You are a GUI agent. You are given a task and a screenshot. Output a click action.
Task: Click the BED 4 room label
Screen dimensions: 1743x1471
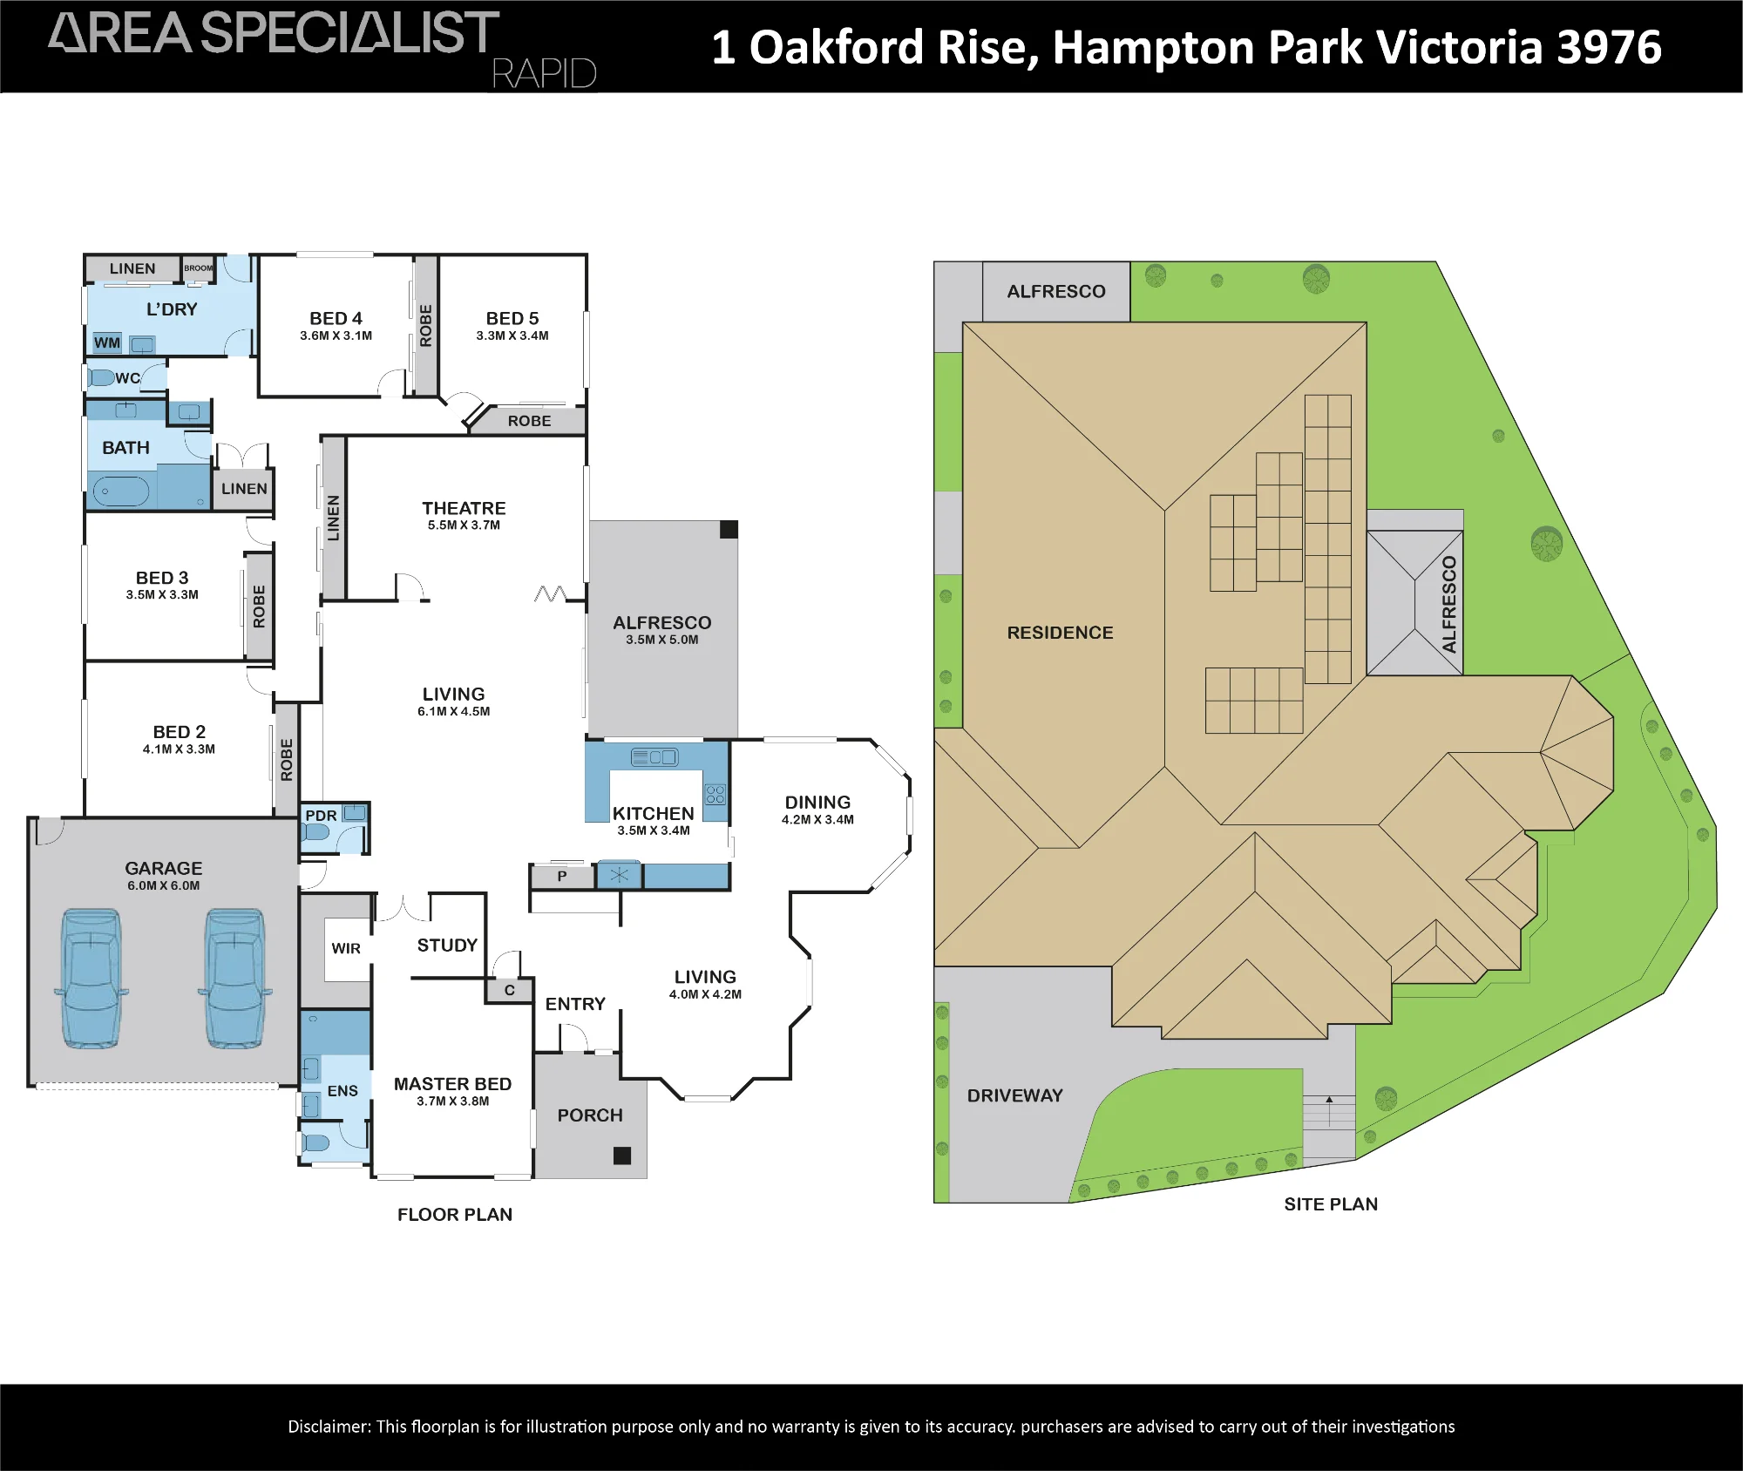point(336,319)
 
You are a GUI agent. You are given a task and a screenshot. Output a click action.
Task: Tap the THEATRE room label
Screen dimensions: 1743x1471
point(464,508)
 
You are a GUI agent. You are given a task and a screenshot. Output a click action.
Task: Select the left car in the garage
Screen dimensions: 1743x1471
point(92,978)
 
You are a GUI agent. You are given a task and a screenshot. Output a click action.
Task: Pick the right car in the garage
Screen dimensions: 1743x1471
point(235,978)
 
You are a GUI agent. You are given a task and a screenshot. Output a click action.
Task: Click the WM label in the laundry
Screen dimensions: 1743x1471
point(107,342)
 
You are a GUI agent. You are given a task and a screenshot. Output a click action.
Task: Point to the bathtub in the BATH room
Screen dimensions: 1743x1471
point(121,491)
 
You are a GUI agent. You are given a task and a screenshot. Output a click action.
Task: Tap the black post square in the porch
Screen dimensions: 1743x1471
point(622,1156)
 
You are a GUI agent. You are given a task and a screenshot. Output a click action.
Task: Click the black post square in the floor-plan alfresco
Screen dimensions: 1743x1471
point(729,529)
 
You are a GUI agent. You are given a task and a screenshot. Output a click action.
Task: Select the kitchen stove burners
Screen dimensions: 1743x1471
point(716,794)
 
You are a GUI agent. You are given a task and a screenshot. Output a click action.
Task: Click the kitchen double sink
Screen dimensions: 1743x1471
point(654,757)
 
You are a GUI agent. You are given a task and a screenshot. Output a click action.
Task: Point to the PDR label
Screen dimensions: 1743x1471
point(321,816)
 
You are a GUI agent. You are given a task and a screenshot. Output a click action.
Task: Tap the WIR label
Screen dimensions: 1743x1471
point(346,948)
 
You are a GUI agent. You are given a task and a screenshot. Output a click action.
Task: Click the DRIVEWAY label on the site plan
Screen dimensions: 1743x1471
point(1014,1095)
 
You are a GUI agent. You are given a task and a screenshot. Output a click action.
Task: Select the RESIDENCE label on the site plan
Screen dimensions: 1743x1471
point(1060,633)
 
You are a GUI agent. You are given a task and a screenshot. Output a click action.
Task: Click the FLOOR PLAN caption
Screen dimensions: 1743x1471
point(455,1215)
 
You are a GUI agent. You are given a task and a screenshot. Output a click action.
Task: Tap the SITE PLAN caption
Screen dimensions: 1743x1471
point(1331,1204)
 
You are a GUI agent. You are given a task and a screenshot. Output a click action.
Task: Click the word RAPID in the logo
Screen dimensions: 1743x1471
point(545,74)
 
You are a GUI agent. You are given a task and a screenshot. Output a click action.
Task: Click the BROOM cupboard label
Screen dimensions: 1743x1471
point(198,268)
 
